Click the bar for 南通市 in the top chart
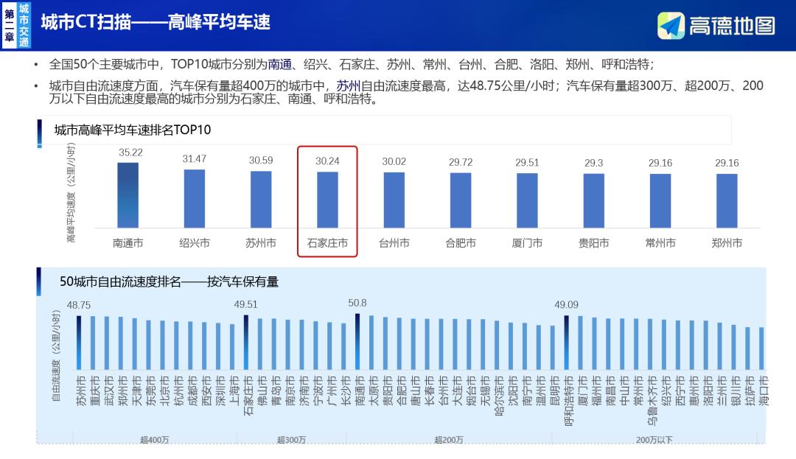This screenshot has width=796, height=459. pos(128,195)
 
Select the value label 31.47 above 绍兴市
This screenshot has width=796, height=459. pos(195,158)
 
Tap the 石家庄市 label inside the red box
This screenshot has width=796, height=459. pos(327,242)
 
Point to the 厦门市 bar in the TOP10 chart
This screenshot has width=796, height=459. pos(527,200)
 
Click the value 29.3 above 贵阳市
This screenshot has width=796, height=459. pos(593,163)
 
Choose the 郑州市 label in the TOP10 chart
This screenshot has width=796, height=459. pos(727,242)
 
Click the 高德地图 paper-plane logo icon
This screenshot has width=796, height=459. pos(671,26)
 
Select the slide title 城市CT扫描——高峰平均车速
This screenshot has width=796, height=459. pos(156,22)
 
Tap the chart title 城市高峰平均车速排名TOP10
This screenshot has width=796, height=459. pos(133,130)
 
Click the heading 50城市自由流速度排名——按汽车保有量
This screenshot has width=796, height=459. pos(169,281)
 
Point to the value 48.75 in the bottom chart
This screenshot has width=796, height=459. pos(79,305)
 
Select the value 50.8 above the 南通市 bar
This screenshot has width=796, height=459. pos(357,303)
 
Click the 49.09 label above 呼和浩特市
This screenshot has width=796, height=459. pos(567,304)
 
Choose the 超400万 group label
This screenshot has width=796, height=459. pos(155,440)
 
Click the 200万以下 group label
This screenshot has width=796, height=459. pos(654,440)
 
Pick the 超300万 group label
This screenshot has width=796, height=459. pos(291,440)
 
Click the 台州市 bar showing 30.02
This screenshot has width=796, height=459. pos(394,200)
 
